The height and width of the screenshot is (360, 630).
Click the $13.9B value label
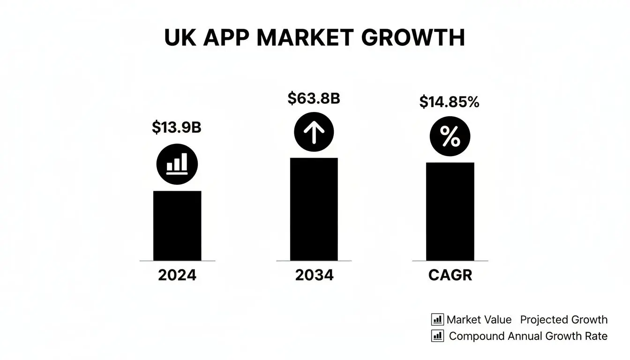(x=177, y=127)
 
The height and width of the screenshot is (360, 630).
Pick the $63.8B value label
(x=314, y=98)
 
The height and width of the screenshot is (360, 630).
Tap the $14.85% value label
(x=449, y=102)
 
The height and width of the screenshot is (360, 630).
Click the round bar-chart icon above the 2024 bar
(x=177, y=164)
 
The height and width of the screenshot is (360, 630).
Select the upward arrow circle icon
(x=314, y=132)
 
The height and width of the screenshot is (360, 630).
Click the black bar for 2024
(x=177, y=225)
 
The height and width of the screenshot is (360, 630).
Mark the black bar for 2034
(x=314, y=209)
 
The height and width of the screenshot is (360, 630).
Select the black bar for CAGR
(x=450, y=211)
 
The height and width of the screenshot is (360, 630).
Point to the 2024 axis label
(x=177, y=275)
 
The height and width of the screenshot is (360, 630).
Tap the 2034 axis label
(x=314, y=275)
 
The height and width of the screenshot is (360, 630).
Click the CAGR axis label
(x=450, y=275)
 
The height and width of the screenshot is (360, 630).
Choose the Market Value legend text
(x=479, y=320)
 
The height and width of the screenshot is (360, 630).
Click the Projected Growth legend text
(x=564, y=320)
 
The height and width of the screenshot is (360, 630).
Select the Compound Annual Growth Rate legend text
(x=528, y=336)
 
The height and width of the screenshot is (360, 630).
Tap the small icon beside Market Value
(x=437, y=320)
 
